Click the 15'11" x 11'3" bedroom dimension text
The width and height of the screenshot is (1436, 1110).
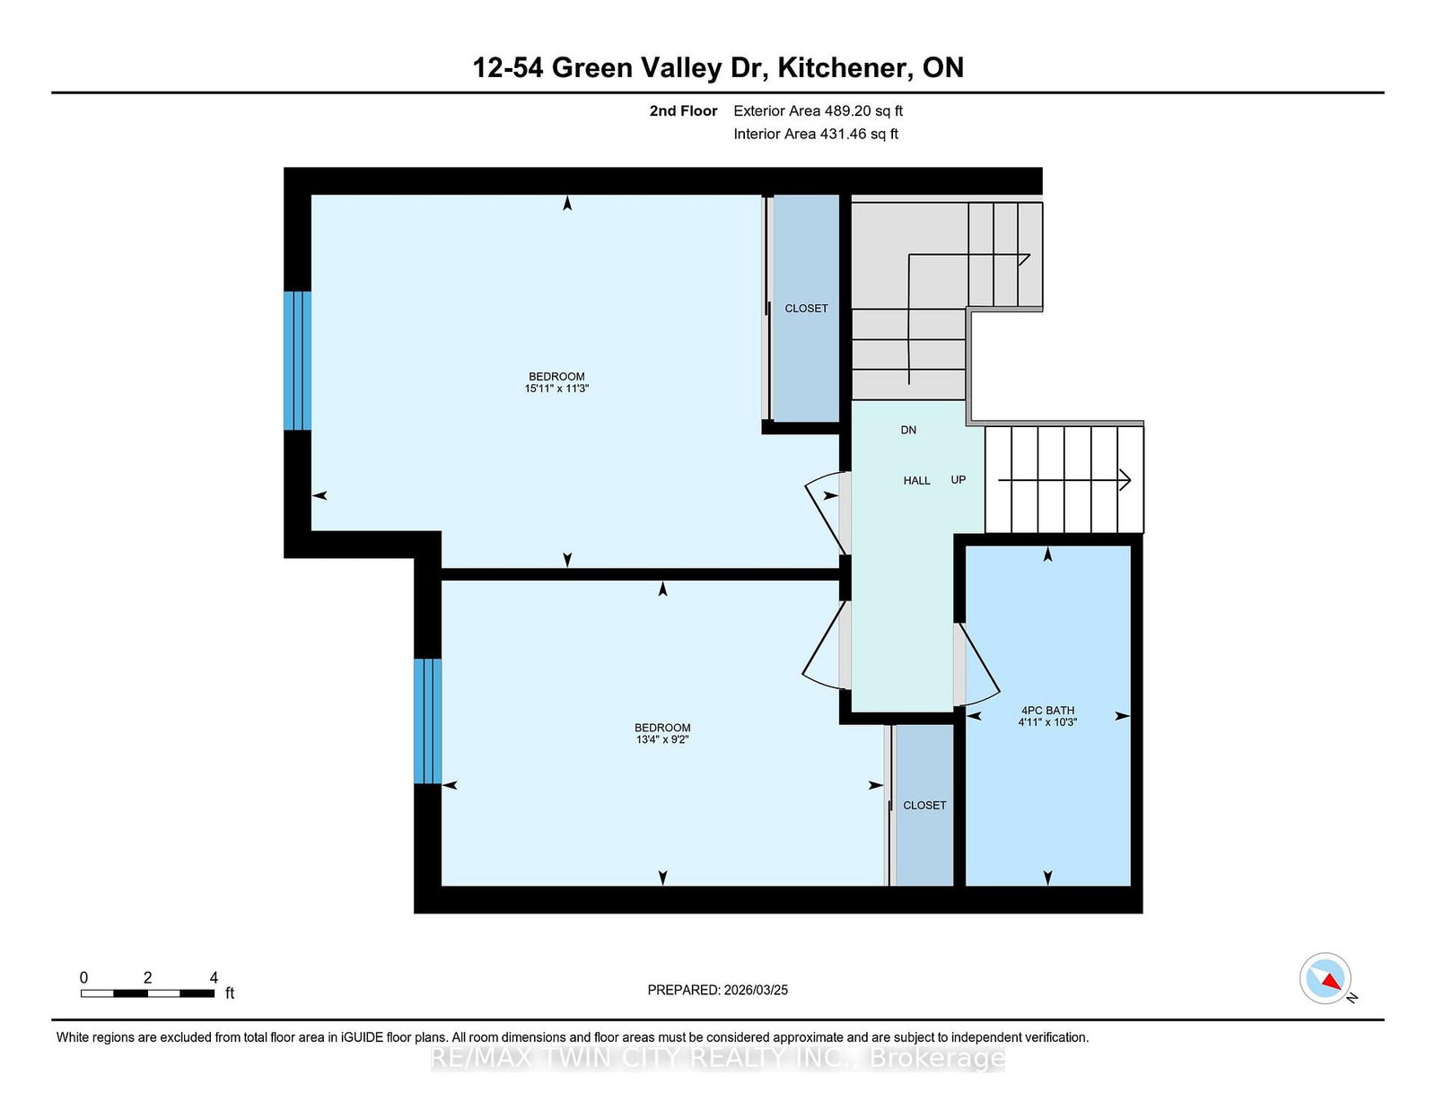pos(556,389)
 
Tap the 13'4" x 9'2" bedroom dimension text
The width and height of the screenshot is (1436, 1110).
pos(662,739)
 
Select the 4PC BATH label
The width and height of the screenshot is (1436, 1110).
pos(1047,711)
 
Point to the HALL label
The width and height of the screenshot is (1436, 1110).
pos(916,480)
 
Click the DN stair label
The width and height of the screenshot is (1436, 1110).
pos(908,430)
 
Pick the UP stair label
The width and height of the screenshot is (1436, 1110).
pos(959,480)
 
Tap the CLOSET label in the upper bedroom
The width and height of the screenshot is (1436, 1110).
pos(806,309)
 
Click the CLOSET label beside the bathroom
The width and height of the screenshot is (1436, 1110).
pos(924,806)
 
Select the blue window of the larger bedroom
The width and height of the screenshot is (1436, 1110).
pos(297,361)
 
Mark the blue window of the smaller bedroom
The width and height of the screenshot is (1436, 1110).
pos(427,721)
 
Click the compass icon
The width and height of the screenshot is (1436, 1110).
pos(1326,979)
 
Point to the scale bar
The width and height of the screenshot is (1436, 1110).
pos(147,993)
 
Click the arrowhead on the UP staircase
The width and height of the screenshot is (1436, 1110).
pos(1125,480)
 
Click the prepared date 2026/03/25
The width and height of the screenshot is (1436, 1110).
pos(756,990)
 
